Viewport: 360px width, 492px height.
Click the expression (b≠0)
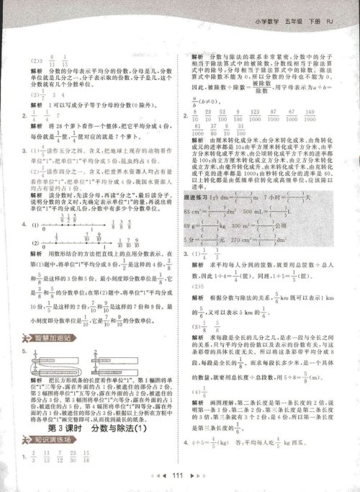click(212, 100)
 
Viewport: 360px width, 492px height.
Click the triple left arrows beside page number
click(160, 476)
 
